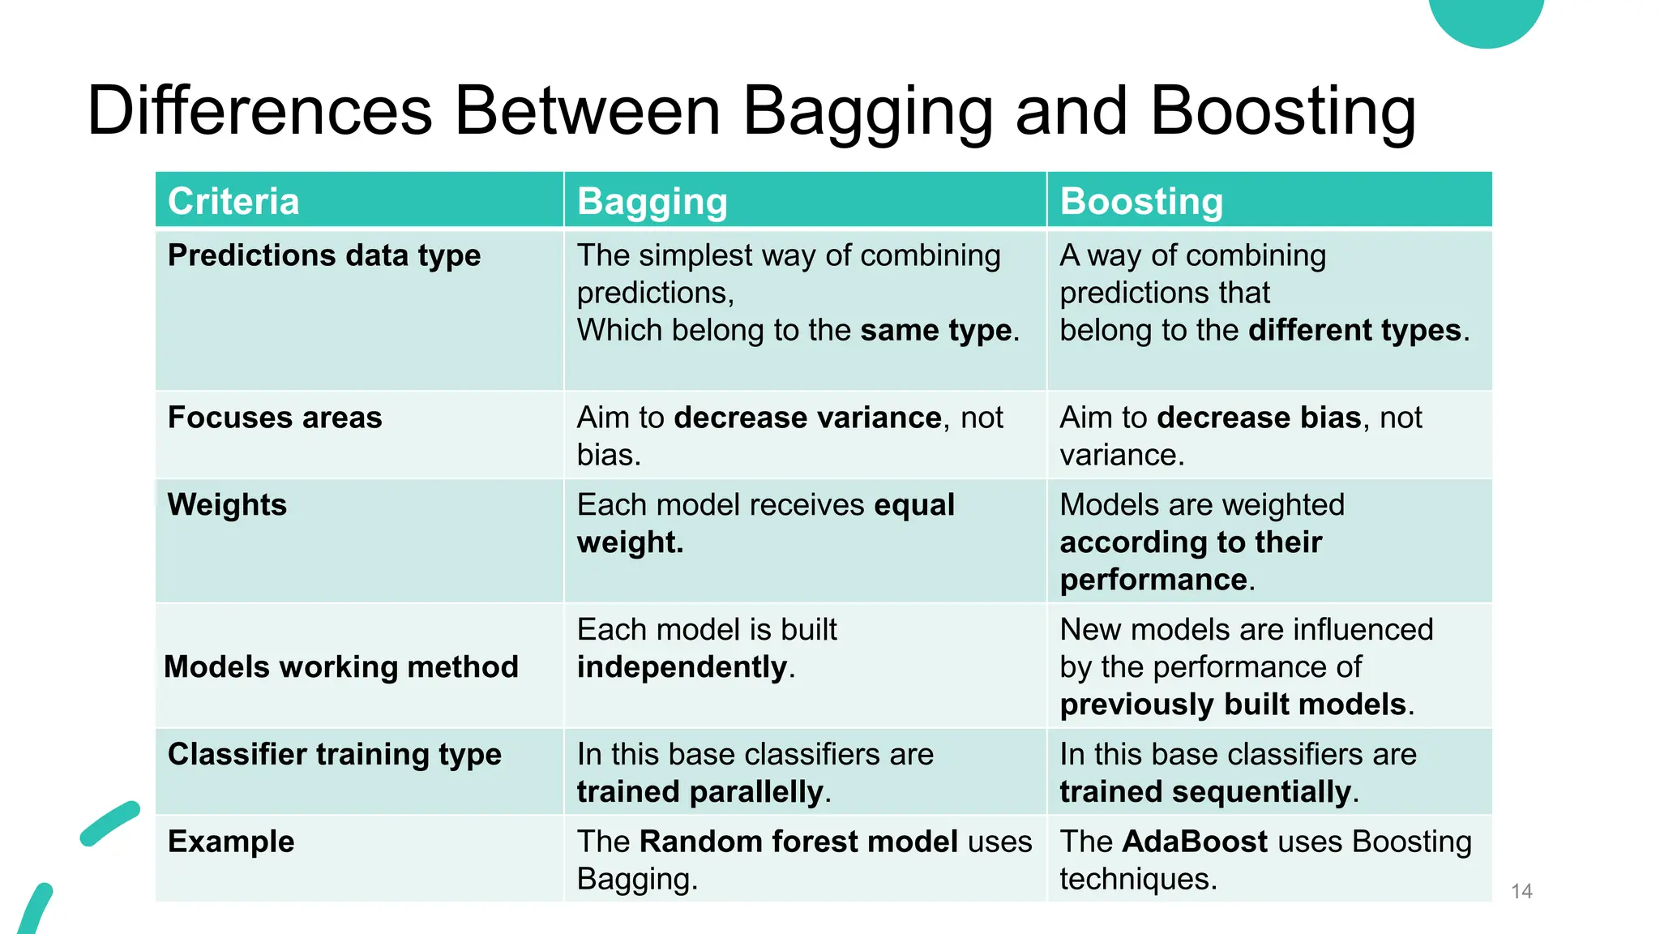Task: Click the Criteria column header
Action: pos(233,201)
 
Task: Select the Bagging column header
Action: pos(652,201)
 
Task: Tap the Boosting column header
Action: pos(1141,201)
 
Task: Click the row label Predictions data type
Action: pos(324,255)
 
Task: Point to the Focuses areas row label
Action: pos(275,418)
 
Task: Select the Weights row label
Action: pos(227,505)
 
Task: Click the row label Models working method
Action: pos(341,667)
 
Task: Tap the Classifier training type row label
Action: pos(334,755)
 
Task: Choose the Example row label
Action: pos(231,842)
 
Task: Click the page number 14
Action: pos(1521,892)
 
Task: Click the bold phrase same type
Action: pos(935,331)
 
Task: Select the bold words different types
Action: pos(1354,331)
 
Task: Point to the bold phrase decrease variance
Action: pos(807,418)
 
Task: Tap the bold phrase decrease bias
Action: pos(1259,418)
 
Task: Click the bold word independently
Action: pos(682,667)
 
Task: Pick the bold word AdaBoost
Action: pos(1195,842)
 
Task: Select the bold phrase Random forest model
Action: pos(798,842)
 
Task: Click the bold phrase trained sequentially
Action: pos(1205,792)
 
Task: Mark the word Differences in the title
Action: pos(259,111)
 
